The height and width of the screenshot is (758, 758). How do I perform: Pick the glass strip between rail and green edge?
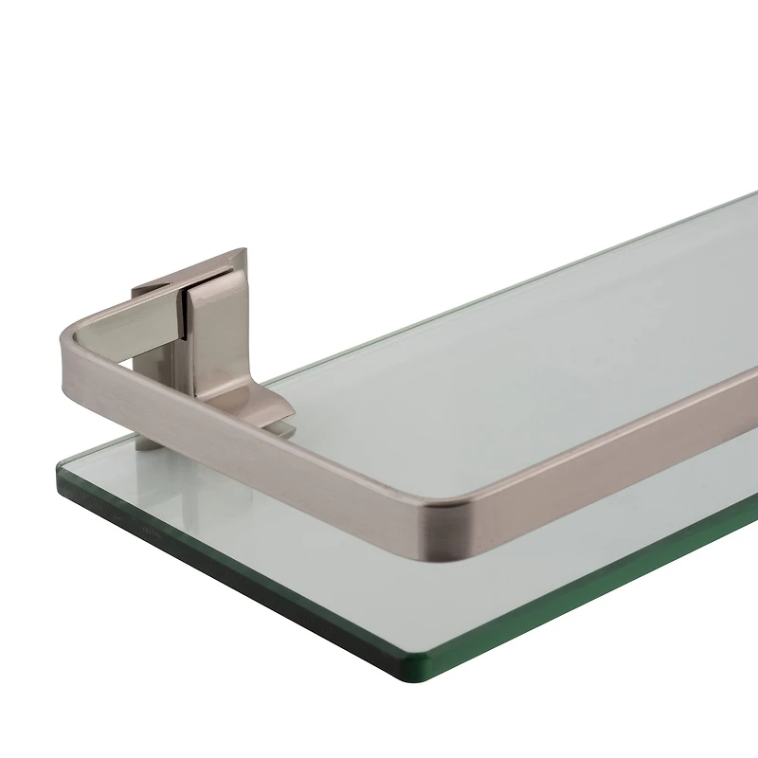coord(284,512)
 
